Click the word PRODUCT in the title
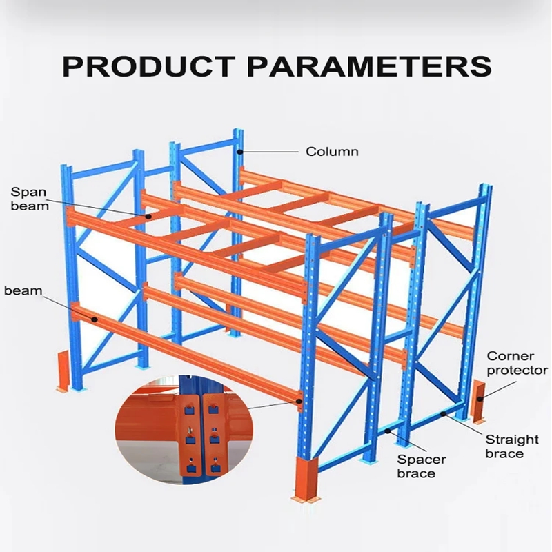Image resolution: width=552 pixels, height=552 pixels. tap(148, 66)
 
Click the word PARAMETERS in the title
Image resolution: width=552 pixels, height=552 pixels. tap(370, 66)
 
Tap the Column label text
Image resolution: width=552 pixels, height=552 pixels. tap(332, 152)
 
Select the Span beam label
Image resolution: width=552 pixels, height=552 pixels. tap(30, 199)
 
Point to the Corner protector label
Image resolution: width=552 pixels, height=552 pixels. tap(517, 363)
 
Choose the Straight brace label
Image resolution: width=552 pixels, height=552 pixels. tap(512, 446)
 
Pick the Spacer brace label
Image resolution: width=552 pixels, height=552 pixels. tap(422, 466)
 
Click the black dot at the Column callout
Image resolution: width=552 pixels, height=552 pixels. tap(239, 152)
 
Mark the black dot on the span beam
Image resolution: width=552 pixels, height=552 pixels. tap(148, 216)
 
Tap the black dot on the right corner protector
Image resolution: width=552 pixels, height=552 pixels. tap(479, 399)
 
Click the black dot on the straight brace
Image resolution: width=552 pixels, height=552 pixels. tap(444, 413)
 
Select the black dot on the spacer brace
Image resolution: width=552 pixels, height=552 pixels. tap(388, 431)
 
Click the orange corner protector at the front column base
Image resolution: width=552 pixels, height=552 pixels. tap(306, 480)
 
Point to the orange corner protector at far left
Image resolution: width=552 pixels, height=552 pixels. tap(63, 371)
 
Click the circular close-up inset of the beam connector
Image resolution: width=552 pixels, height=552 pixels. tap(184, 430)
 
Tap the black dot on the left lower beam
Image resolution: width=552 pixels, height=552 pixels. tap(95, 319)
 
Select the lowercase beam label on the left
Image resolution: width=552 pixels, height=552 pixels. tap(23, 290)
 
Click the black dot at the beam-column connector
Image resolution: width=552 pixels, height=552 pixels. tap(299, 401)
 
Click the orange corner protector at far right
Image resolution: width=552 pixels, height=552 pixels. tap(477, 402)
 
